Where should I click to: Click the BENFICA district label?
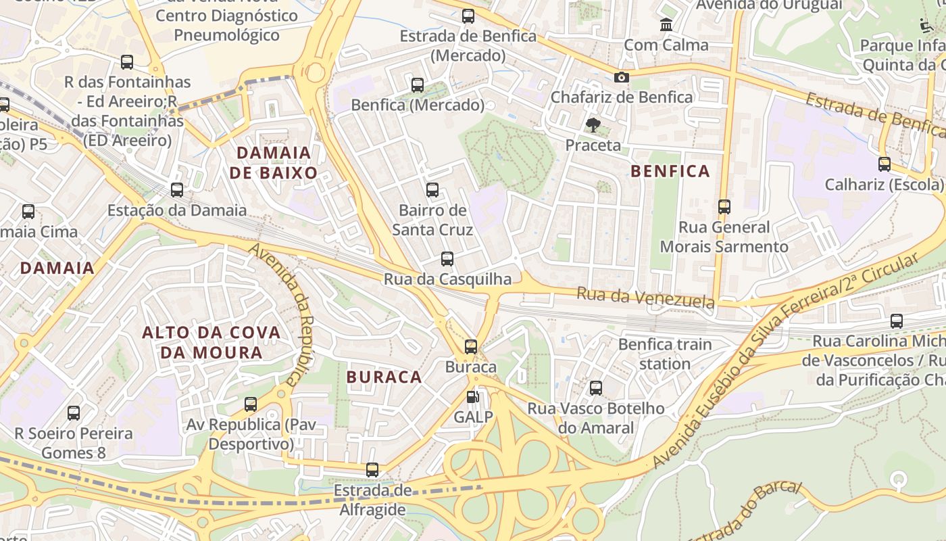click(670, 171)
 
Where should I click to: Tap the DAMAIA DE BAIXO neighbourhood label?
click(273, 162)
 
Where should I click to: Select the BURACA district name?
click(384, 377)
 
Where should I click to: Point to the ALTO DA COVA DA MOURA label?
click(211, 342)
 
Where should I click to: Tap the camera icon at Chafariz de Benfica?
click(622, 78)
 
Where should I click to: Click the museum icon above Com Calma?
click(666, 25)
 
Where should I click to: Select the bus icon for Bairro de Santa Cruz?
click(432, 190)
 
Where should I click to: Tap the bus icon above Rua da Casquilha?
click(447, 258)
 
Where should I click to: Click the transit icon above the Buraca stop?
click(471, 347)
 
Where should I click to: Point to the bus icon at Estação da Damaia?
click(177, 190)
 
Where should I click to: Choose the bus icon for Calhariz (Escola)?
click(884, 164)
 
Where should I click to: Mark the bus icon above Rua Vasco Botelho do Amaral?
click(595, 388)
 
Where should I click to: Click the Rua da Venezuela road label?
click(645, 297)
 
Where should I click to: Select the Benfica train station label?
click(665, 354)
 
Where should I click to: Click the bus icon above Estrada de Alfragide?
click(372, 470)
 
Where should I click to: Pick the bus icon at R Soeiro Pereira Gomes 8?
click(74, 413)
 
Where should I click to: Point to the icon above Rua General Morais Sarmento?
click(724, 206)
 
